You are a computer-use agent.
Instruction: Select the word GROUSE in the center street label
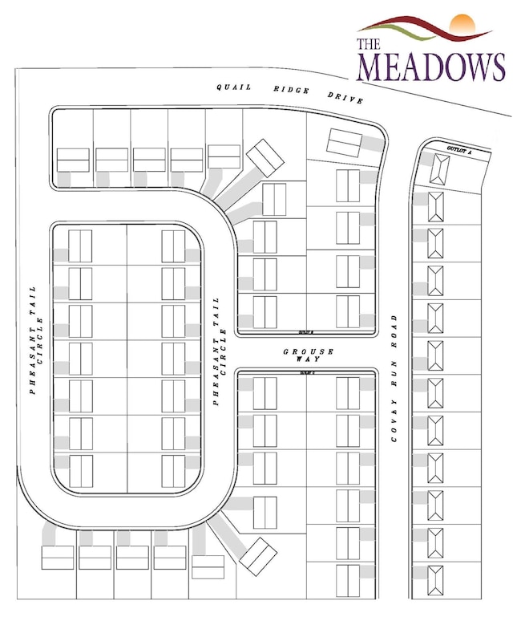(x=309, y=352)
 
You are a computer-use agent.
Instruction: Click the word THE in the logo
(x=369, y=44)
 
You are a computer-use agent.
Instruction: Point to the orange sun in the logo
(x=462, y=24)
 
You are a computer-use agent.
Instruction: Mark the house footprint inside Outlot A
(x=440, y=170)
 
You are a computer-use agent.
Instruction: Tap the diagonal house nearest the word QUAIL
(x=265, y=157)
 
